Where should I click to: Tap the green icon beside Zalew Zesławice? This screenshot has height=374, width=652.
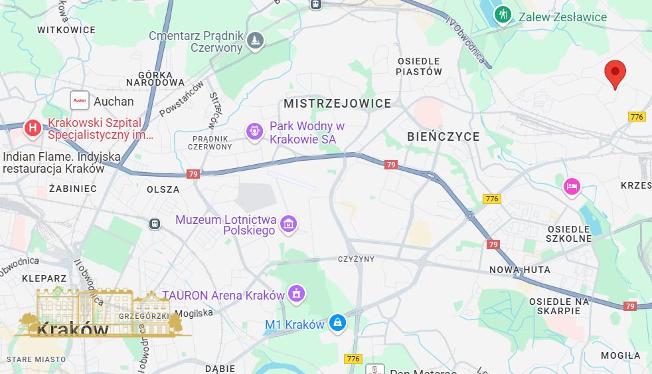click(503, 14)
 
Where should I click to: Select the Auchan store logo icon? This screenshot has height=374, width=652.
click(80, 101)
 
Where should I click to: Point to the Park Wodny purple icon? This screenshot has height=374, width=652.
click(254, 132)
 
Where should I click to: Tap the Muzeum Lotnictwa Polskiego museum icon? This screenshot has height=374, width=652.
click(288, 224)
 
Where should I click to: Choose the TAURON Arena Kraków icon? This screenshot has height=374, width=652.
click(296, 293)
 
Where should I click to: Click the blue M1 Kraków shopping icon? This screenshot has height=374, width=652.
click(338, 324)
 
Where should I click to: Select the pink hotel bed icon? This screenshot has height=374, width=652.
click(571, 187)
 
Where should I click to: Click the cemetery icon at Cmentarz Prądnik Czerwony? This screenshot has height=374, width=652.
click(254, 41)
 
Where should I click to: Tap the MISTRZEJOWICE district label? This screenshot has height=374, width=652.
click(337, 104)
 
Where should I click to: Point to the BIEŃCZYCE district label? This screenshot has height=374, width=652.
click(444, 137)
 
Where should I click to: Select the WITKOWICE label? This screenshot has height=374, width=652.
click(66, 30)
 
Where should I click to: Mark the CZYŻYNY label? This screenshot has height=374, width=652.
click(356, 259)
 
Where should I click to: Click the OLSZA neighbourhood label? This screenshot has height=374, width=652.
click(163, 189)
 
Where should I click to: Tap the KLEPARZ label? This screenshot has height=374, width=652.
click(44, 278)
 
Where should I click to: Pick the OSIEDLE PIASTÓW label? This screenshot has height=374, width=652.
click(419, 66)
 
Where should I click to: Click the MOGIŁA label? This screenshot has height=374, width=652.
click(621, 355)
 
